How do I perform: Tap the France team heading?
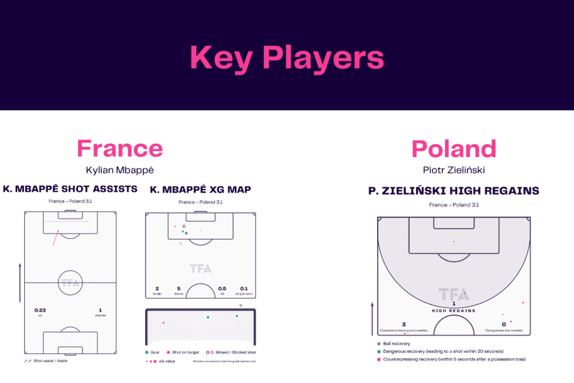point(120,149)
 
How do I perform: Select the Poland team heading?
point(453,149)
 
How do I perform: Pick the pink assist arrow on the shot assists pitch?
point(55,238)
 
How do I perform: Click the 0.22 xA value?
point(40,310)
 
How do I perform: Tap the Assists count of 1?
point(100,310)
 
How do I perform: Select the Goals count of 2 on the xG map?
point(157,288)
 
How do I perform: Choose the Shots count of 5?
point(179,288)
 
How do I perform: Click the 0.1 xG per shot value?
point(244,288)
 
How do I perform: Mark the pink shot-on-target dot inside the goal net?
point(163,323)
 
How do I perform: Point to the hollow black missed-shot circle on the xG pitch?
point(184,227)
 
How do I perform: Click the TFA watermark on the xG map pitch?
point(200,269)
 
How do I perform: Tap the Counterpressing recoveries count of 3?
point(404,324)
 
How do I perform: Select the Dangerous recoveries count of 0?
point(503,324)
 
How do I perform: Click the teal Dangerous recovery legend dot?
point(379,351)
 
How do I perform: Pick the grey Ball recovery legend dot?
point(379,344)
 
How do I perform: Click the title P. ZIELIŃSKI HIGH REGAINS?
point(453,191)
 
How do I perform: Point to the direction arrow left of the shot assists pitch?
point(20,275)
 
